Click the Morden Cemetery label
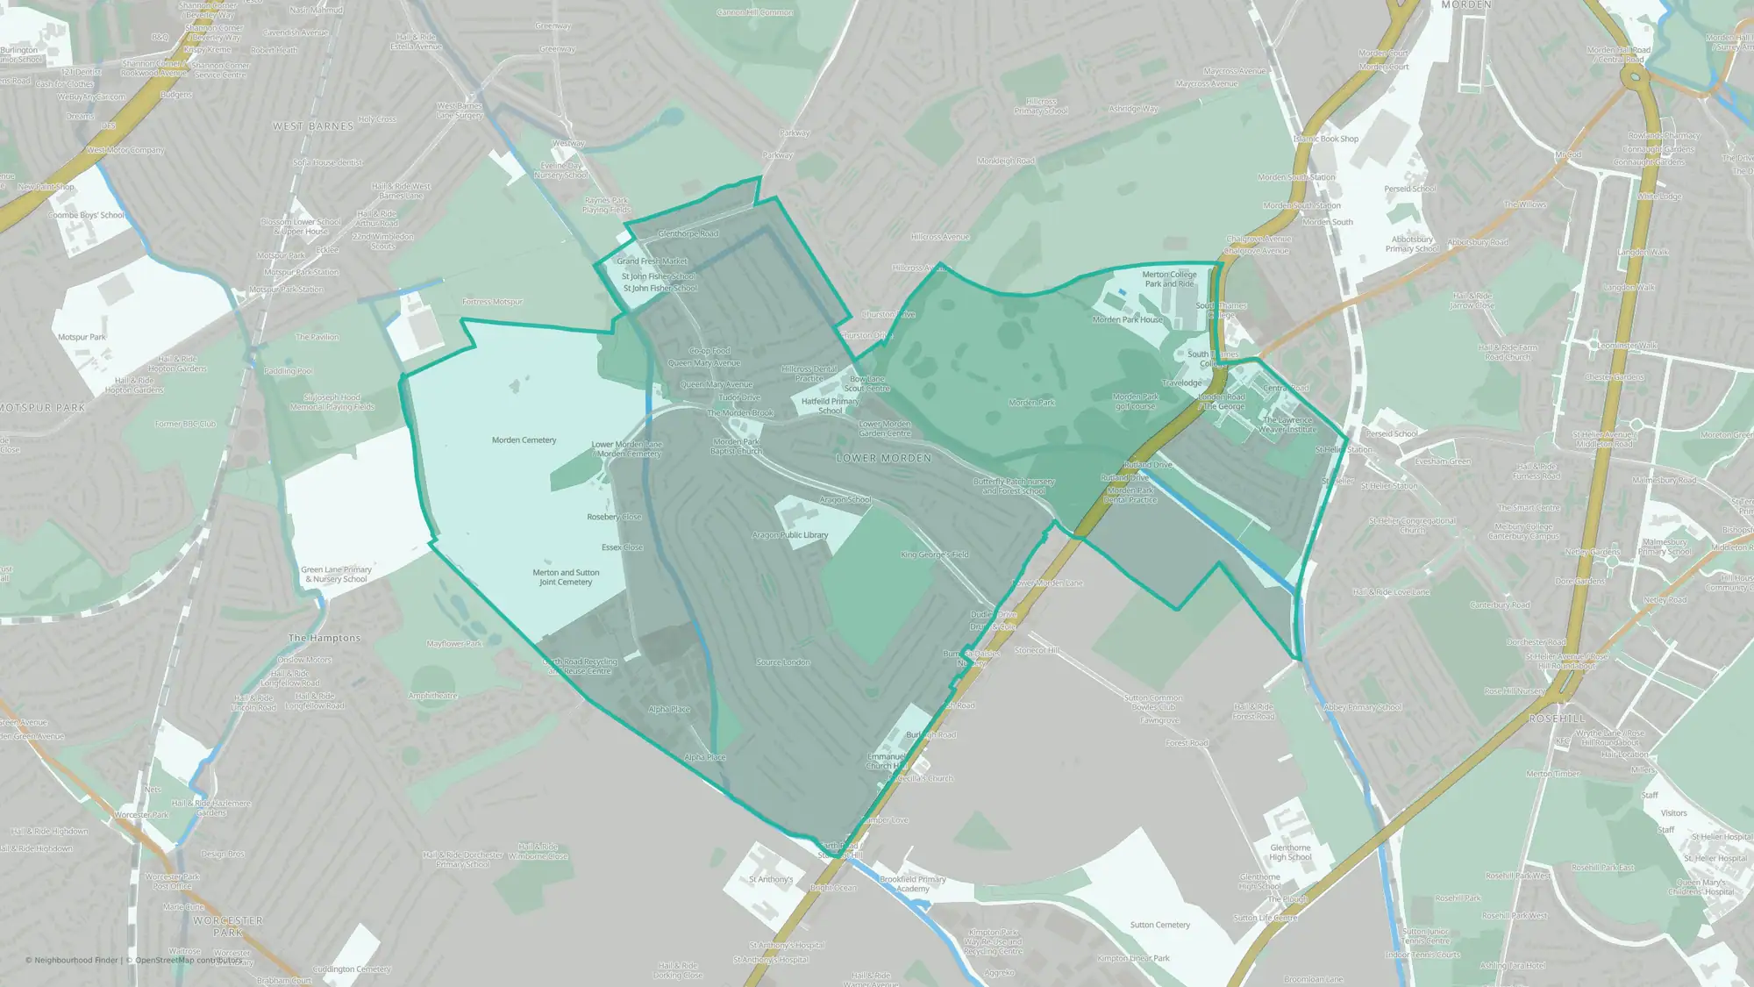click(x=524, y=440)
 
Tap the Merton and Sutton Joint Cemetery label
click(x=566, y=577)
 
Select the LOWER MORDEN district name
click(x=883, y=458)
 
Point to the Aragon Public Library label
click(x=789, y=535)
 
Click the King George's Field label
click(x=934, y=554)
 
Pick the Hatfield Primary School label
click(x=830, y=405)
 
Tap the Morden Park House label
click(x=1127, y=320)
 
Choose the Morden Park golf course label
click(x=1135, y=402)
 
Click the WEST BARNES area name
click(x=313, y=126)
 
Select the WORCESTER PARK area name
click(x=227, y=926)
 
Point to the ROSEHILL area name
click(x=1557, y=719)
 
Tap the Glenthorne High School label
click(x=1290, y=853)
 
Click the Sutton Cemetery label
click(x=1159, y=925)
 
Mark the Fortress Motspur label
click(x=492, y=302)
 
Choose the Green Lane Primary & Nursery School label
click(x=336, y=575)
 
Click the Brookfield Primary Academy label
click(x=912, y=883)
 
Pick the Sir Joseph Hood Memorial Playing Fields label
click(x=332, y=402)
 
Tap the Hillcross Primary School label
click(x=1041, y=106)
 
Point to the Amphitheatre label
click(x=432, y=696)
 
